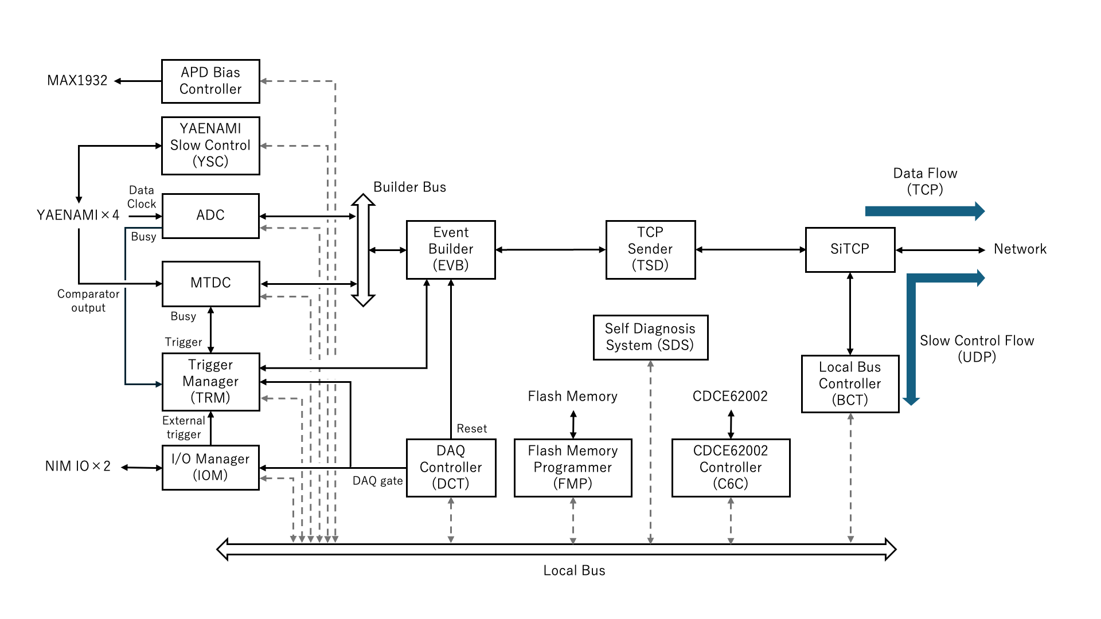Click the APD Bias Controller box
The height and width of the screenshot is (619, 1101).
210,81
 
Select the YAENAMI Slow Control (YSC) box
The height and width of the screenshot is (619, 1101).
210,146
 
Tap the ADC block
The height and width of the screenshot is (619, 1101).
210,216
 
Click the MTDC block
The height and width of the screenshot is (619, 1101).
210,284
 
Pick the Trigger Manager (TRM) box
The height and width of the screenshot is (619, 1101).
210,382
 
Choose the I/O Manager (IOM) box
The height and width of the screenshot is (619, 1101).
210,468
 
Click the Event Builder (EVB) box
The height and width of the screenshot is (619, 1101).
451,250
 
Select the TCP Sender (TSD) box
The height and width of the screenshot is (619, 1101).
650,250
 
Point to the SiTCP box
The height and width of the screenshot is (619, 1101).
850,250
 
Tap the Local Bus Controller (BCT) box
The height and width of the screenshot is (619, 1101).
850,384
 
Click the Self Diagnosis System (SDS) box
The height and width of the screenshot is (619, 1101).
650,338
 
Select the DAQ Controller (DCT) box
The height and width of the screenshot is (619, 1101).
451,468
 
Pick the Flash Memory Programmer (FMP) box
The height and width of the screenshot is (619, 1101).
573,468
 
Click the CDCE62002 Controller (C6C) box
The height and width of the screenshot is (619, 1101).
731,468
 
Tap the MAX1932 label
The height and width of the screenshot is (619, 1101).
77,81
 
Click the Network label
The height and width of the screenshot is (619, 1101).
1020,249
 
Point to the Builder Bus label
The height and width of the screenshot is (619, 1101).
409,187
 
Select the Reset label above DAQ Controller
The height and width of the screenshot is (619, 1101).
471,429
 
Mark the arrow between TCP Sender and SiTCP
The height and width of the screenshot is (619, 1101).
751,250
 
